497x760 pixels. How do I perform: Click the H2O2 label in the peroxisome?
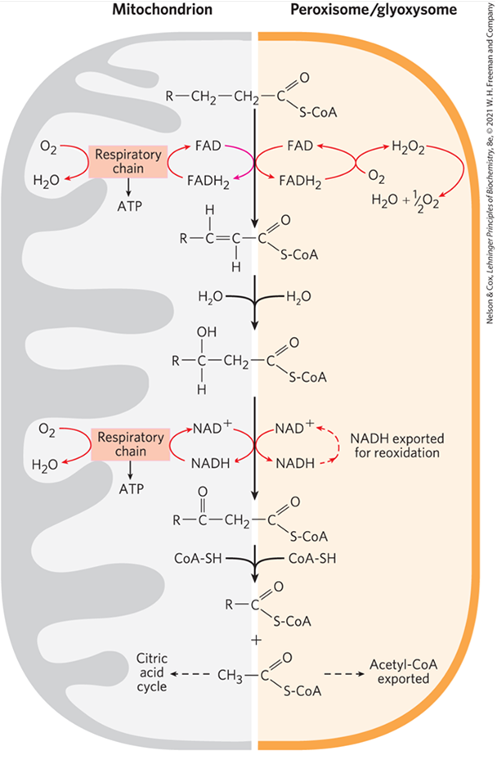pos(407,147)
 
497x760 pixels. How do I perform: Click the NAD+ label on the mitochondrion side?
pos(212,428)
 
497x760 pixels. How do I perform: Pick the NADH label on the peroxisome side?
pos(295,463)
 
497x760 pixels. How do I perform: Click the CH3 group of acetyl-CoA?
pos(232,676)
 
